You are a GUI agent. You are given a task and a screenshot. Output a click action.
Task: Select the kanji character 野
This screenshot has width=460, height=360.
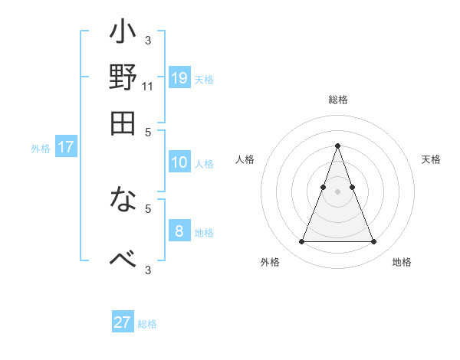pos(123,79)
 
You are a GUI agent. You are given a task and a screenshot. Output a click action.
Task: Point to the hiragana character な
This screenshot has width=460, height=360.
pos(123,203)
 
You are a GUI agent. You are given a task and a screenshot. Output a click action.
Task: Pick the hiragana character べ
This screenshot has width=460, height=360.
pos(123,257)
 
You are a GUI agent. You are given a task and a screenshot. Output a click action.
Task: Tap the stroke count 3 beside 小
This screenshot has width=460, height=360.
pos(148,40)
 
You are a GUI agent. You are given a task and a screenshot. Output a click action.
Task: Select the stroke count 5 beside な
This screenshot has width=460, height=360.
pos(148,208)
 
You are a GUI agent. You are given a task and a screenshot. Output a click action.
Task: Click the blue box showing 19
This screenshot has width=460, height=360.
pos(179,77)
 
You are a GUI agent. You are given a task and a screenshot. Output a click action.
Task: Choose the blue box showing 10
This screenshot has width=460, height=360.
pos(179,162)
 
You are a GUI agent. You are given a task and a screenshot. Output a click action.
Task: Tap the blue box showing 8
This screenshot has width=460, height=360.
pos(179,231)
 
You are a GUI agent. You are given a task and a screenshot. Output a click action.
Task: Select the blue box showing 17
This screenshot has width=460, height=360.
pos(65,147)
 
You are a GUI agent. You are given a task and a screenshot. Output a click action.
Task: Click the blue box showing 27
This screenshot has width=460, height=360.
pos(123,322)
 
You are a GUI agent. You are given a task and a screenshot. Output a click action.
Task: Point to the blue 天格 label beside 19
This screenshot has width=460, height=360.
pos(204,80)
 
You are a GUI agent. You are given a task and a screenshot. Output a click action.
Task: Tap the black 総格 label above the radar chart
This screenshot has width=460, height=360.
pos(337,100)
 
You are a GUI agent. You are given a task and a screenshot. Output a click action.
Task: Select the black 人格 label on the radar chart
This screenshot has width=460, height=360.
pos(245,159)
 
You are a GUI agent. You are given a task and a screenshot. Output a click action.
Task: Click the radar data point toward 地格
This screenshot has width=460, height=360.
pos(373,242)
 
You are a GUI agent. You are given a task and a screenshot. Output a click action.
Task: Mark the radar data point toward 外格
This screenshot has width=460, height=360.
pos(301,242)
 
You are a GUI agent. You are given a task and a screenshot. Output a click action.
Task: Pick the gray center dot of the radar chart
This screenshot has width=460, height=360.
pos(337,191)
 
